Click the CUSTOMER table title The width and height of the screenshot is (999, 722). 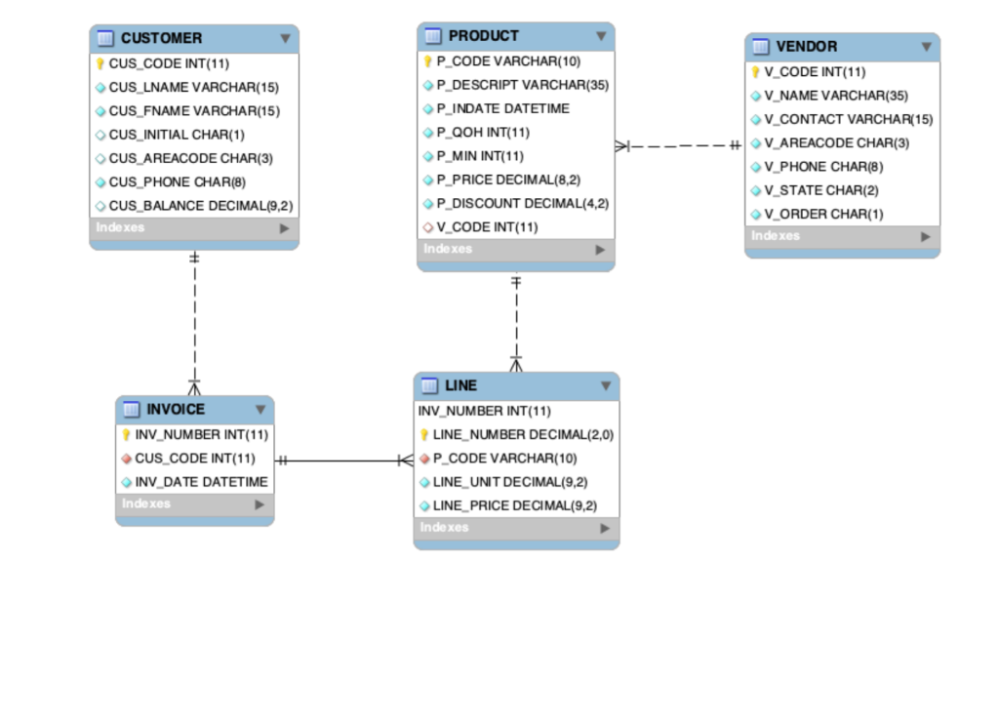point(161,38)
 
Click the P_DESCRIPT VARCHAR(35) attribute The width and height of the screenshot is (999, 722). point(522,85)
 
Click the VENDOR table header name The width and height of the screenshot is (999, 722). point(806,47)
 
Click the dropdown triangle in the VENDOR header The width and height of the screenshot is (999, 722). point(926,47)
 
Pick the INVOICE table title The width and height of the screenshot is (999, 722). point(176,409)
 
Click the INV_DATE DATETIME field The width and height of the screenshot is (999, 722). point(201,482)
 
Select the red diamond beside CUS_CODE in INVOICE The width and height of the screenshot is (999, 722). point(126,459)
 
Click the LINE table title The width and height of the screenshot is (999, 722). point(460,385)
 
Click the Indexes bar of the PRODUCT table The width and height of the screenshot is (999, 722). point(516,250)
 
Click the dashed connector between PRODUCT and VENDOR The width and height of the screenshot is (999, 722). point(680,146)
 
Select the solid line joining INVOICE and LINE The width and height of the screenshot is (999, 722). point(341,461)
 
